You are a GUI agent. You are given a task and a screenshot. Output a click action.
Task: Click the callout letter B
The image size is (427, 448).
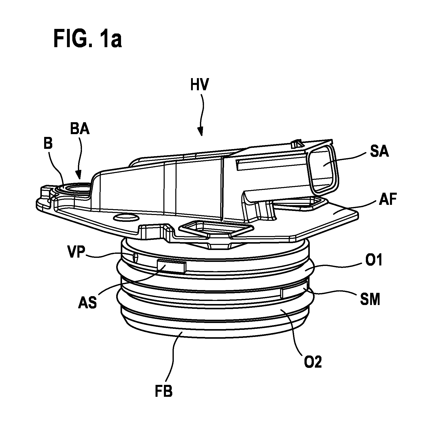tap(48, 144)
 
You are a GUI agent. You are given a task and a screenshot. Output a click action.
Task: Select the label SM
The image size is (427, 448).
tap(370, 300)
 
